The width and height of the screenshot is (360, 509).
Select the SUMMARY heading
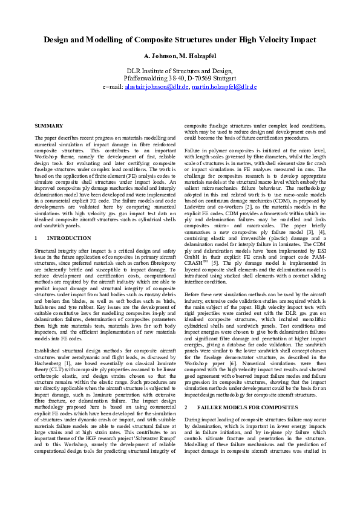click(x=49, y=125)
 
